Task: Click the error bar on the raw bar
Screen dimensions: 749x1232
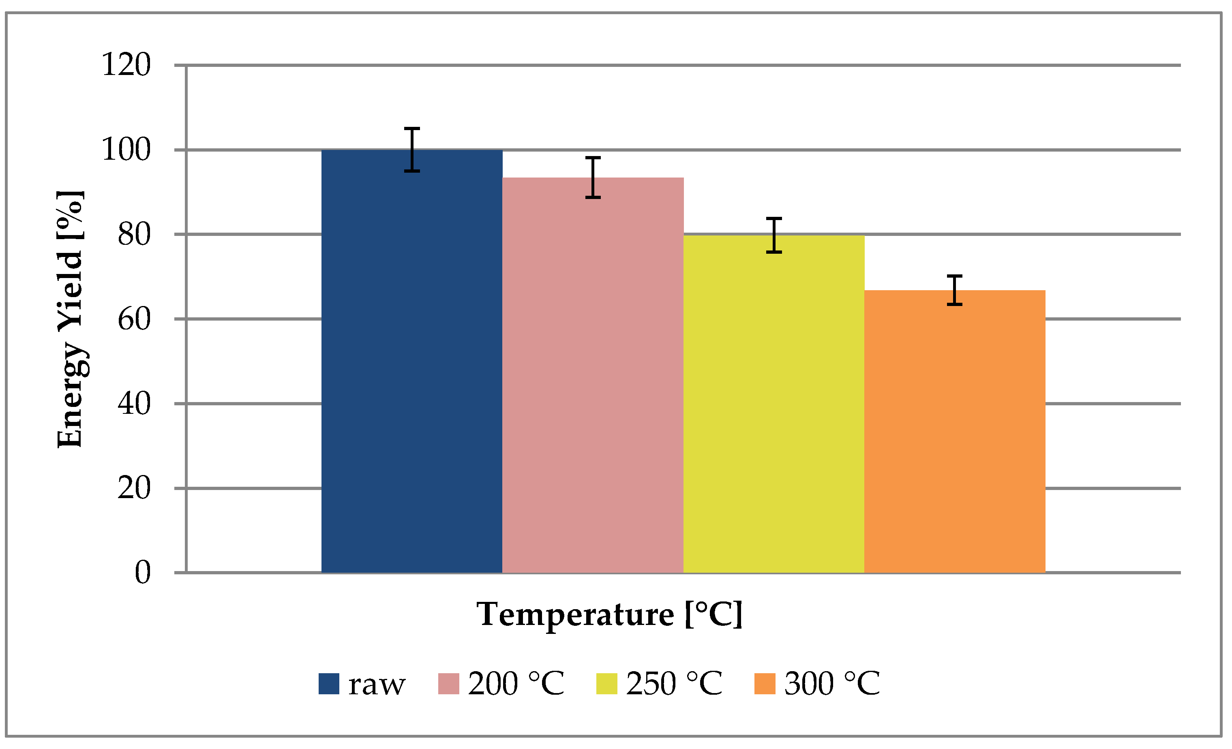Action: click(412, 150)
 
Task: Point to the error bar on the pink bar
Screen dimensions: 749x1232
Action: click(593, 178)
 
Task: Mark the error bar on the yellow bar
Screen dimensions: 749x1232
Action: click(774, 235)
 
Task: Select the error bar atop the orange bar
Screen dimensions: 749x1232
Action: click(954, 290)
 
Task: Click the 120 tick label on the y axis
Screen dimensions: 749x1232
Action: click(126, 65)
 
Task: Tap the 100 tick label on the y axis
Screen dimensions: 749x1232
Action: click(126, 150)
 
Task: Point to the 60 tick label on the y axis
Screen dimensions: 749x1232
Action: click(134, 319)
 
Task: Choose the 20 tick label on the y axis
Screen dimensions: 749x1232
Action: click(134, 488)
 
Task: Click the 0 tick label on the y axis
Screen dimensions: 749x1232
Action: click(143, 573)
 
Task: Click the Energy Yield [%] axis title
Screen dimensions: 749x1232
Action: click(70, 319)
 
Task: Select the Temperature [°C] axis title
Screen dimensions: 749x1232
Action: click(609, 614)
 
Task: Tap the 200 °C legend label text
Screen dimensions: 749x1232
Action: click(516, 683)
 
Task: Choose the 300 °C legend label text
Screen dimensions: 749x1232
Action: click(832, 683)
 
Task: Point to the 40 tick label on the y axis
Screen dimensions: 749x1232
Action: click(134, 404)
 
